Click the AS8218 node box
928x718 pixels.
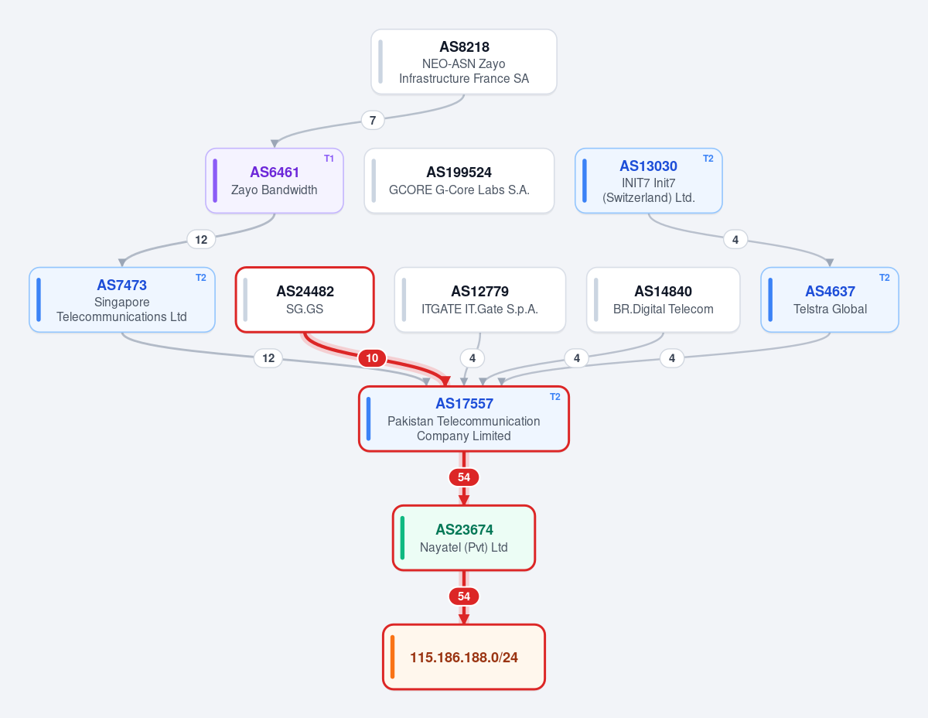tap(464, 62)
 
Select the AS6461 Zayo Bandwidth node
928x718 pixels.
tap(275, 181)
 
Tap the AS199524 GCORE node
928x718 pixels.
tap(459, 181)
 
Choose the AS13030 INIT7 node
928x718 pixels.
tap(648, 181)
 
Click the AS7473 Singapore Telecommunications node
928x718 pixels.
tap(122, 300)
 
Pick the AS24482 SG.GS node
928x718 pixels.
tap(305, 300)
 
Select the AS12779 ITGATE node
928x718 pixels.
tap(480, 300)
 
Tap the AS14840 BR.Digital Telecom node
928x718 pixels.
tap(664, 300)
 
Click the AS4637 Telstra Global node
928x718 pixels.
tap(830, 300)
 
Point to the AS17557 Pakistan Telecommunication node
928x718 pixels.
tap(464, 419)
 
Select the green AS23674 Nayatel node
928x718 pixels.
tap(464, 538)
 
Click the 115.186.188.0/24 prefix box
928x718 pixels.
tap(464, 657)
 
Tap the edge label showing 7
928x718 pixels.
tap(373, 121)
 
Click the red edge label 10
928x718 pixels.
tap(372, 358)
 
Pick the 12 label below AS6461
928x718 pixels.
tap(201, 240)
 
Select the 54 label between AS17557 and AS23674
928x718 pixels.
tap(464, 477)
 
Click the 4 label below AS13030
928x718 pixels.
tap(735, 240)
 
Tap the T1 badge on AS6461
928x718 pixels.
tap(329, 159)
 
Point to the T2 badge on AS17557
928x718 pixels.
tap(554, 397)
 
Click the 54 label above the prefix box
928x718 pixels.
tap(464, 597)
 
